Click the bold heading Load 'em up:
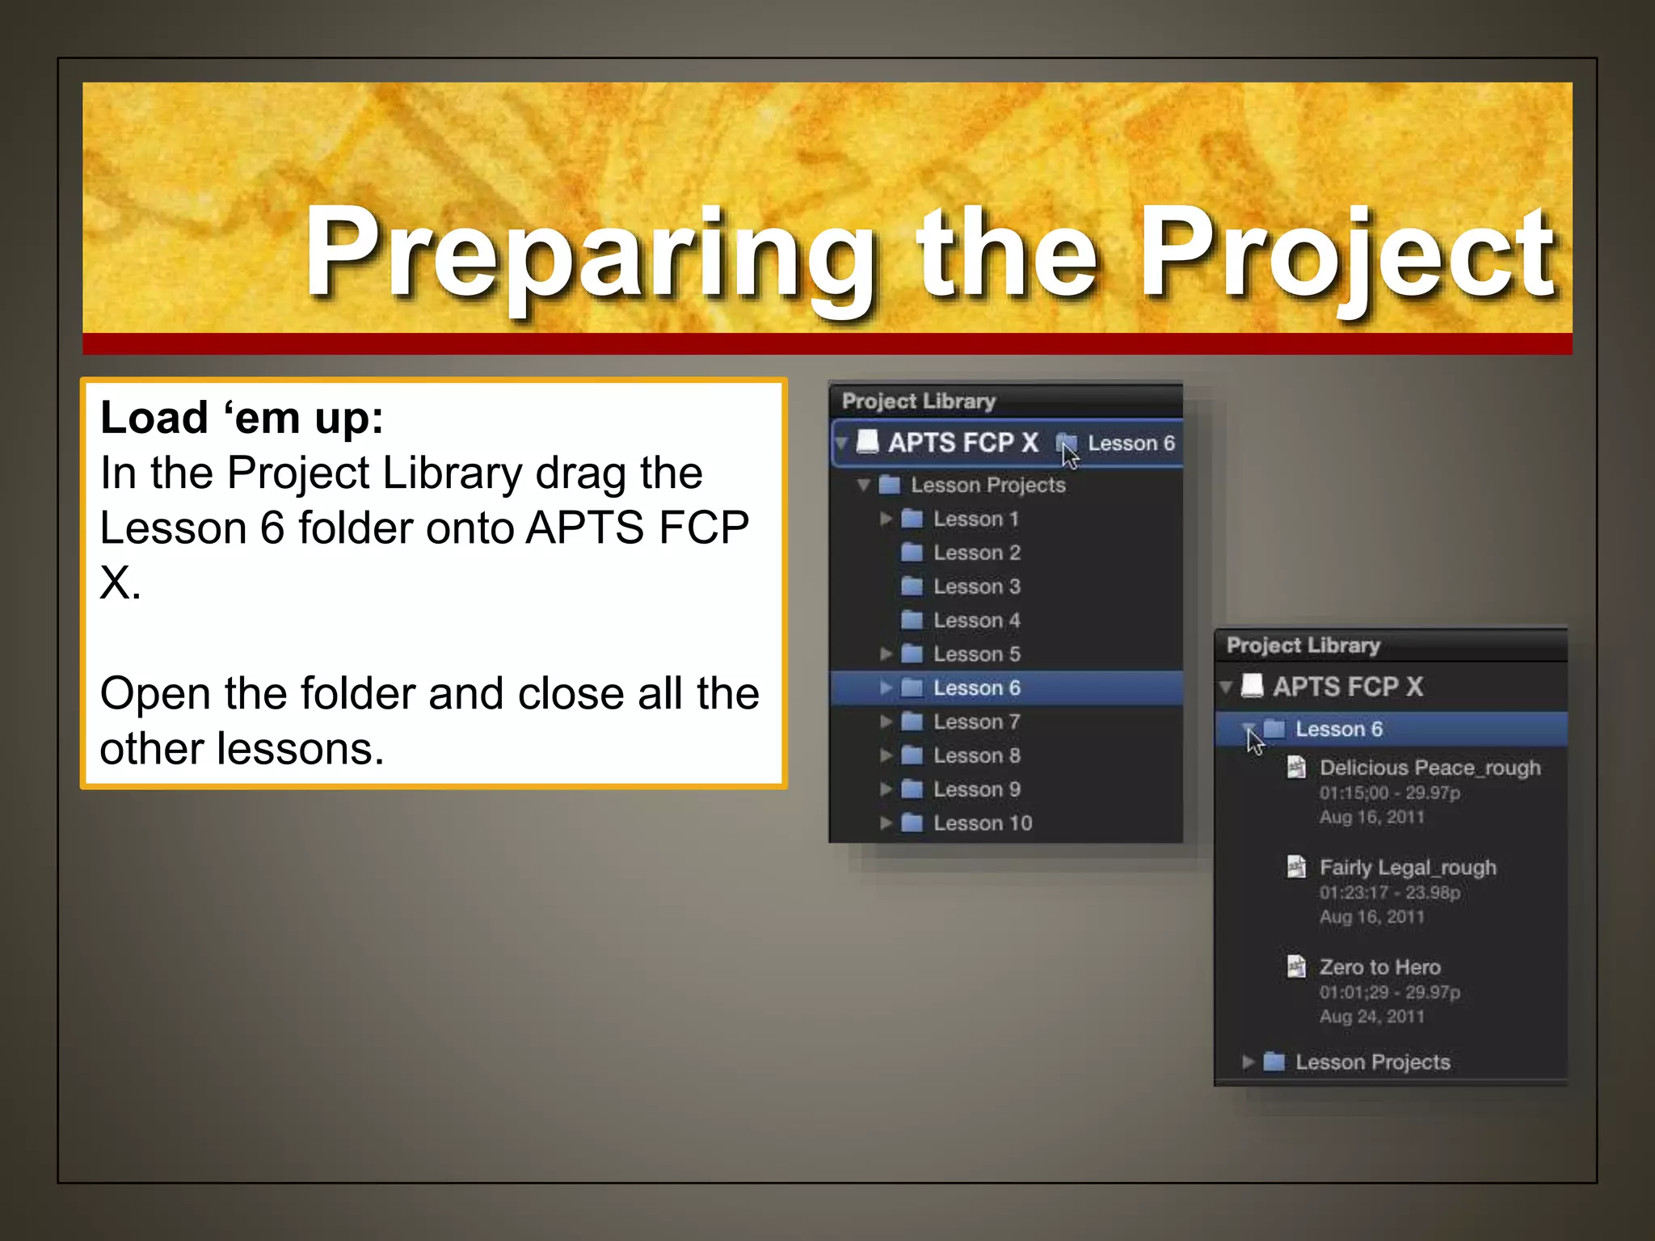coord(241,419)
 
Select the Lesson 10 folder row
coord(982,823)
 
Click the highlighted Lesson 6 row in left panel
coord(976,688)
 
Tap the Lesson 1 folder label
coord(975,519)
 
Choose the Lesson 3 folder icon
coord(912,587)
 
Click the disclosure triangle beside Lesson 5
coord(886,654)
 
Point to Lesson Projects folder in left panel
coord(988,485)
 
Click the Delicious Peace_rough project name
coord(1429,768)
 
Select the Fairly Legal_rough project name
coord(1407,868)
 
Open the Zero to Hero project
coord(1379,967)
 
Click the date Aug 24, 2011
coord(1371,1016)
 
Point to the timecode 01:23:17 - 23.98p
coord(1389,893)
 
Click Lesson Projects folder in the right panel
coord(1372,1062)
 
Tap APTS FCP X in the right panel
coord(1347,687)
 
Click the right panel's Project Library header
coord(1303,646)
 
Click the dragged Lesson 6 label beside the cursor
coord(1131,444)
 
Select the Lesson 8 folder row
coord(976,755)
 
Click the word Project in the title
coord(1347,252)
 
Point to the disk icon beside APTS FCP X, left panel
coord(867,442)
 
